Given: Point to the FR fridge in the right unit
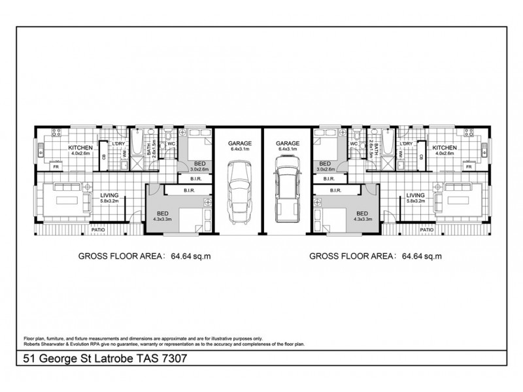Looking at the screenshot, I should [x=467, y=167].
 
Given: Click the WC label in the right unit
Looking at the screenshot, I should [x=353, y=144].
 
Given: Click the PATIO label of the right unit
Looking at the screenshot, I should [x=426, y=230].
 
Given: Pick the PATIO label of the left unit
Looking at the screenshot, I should [x=98, y=230].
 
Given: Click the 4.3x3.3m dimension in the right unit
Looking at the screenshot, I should [x=362, y=220].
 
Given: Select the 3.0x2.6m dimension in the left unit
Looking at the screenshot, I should [x=197, y=169].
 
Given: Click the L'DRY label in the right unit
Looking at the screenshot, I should [x=405, y=144].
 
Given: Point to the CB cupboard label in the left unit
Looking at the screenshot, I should [x=103, y=157].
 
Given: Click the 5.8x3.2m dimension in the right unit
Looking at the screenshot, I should [x=415, y=202].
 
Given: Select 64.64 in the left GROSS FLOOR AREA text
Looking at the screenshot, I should [x=184, y=256].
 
